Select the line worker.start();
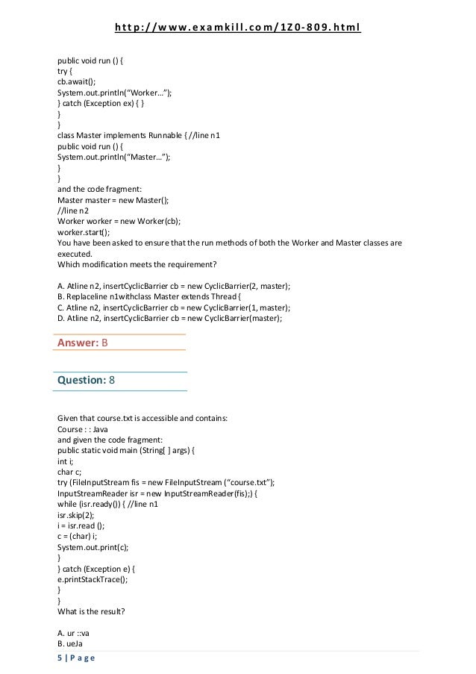pyautogui.click(x=81, y=232)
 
